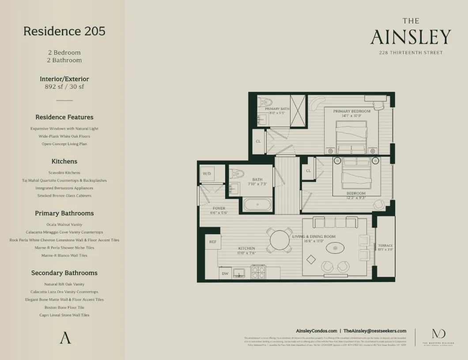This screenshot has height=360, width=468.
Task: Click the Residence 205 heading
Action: tap(64, 31)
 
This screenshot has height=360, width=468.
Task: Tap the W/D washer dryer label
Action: tap(207, 174)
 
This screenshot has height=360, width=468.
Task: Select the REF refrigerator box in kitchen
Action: tap(213, 242)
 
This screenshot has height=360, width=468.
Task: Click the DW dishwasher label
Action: tap(225, 274)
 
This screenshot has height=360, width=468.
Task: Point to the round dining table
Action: tap(279, 240)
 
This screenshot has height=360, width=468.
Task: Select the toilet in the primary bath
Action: tap(264, 102)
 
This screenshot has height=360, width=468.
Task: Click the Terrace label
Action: tap(385, 246)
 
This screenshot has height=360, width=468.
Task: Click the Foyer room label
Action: tap(219, 208)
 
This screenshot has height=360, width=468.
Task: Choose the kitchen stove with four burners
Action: tap(258, 272)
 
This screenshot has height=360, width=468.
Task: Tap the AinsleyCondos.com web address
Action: tap(316, 330)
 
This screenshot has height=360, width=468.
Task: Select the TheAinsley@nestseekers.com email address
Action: tap(375, 330)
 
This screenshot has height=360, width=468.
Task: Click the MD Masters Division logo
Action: tap(438, 334)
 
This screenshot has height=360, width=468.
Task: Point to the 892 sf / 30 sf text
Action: tap(64, 87)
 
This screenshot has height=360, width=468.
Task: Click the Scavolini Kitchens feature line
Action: tap(64, 173)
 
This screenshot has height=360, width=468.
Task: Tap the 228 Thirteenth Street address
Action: tap(411, 52)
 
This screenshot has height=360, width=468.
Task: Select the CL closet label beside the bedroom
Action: tap(308, 171)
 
